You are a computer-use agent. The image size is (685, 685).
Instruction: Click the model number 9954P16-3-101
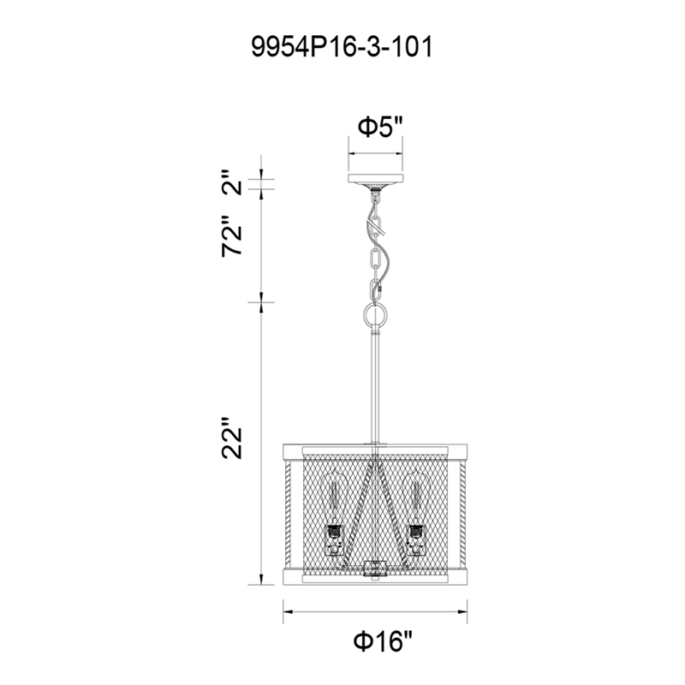tap(342, 47)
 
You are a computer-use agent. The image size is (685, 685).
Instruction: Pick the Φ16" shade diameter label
tap(383, 641)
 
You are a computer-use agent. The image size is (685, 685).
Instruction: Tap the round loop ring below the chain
tap(375, 315)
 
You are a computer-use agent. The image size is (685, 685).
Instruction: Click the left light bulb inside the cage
tap(334, 503)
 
